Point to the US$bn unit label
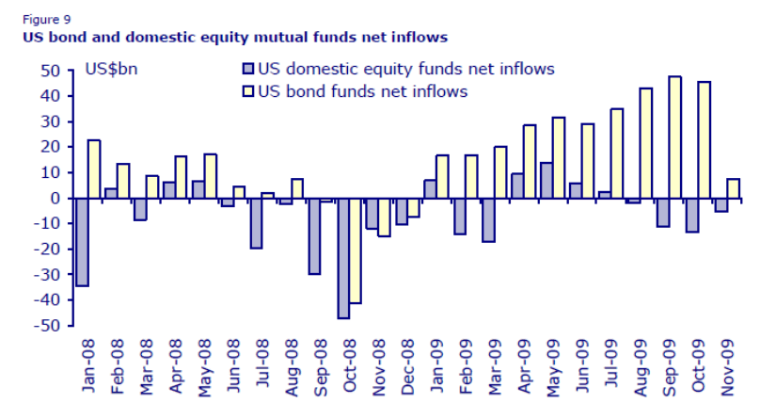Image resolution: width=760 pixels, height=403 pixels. point(111,69)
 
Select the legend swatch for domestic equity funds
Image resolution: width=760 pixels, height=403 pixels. point(248,69)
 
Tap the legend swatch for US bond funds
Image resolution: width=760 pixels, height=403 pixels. point(248,91)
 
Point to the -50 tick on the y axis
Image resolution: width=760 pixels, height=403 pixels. point(47,326)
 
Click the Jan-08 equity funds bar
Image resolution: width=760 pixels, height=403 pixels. point(82,242)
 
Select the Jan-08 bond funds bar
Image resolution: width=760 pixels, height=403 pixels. point(94,169)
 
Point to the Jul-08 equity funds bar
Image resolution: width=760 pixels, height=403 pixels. point(256,223)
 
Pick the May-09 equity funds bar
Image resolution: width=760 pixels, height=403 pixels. point(546,181)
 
